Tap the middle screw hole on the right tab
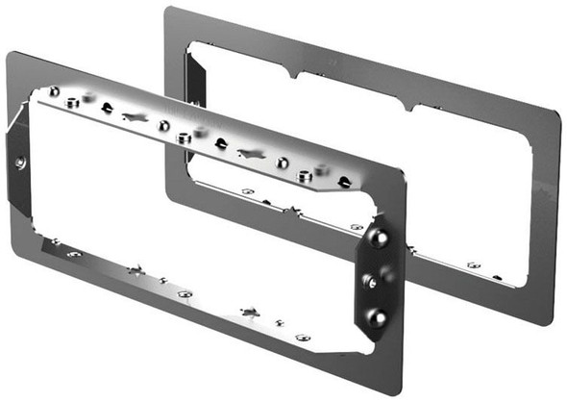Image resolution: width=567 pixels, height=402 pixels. (x=368, y=280)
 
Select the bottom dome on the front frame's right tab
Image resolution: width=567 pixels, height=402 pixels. (x=378, y=316)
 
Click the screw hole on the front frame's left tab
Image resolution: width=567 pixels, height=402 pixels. (x=20, y=163)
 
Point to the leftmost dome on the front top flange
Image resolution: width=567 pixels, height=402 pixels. (x=54, y=91)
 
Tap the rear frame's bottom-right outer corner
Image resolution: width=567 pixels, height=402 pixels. (x=555, y=322)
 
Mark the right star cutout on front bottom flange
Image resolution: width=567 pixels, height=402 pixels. (x=250, y=312)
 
